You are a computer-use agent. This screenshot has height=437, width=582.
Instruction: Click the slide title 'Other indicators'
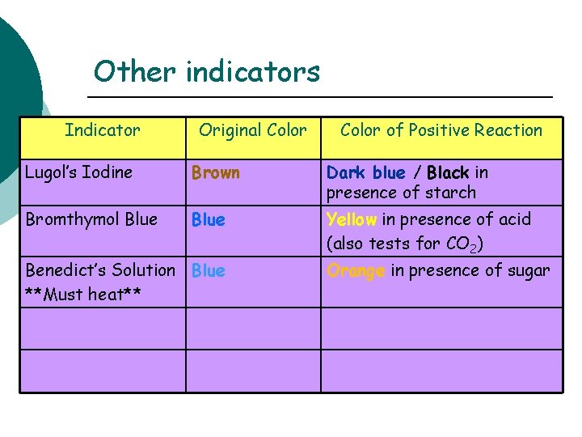pyautogui.click(x=207, y=72)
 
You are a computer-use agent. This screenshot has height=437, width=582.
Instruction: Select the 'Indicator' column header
pyautogui.click(x=103, y=129)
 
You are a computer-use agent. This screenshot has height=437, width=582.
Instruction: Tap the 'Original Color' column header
pyautogui.click(x=253, y=129)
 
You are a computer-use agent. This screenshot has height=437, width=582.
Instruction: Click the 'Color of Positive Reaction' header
pyautogui.click(x=441, y=129)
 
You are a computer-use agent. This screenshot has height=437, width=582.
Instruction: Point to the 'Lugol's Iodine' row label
pyautogui.click(x=78, y=172)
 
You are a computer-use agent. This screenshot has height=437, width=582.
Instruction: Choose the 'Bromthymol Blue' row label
pyautogui.click(x=91, y=219)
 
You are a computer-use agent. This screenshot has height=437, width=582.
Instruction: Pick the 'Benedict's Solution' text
pyautogui.click(x=99, y=270)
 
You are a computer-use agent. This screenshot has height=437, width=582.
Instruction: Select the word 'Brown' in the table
pyautogui.click(x=215, y=172)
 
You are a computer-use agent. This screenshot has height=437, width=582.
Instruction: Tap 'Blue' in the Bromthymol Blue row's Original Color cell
pyautogui.click(x=208, y=220)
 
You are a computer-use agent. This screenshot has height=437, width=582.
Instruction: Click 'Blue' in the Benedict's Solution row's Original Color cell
pyautogui.click(x=208, y=271)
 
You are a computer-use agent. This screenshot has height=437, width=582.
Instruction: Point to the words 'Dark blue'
pyautogui.click(x=365, y=172)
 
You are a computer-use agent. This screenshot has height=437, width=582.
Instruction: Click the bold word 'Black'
pyautogui.click(x=448, y=172)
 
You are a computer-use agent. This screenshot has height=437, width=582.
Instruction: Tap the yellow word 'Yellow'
pyautogui.click(x=352, y=219)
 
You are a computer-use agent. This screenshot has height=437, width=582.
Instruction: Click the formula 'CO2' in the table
pyautogui.click(x=462, y=244)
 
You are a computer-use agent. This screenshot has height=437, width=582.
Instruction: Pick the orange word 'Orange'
pyautogui.click(x=356, y=271)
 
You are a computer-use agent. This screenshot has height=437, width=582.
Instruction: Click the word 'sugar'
pyautogui.click(x=529, y=271)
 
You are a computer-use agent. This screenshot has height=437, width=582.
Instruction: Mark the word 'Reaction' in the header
pyautogui.click(x=508, y=129)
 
